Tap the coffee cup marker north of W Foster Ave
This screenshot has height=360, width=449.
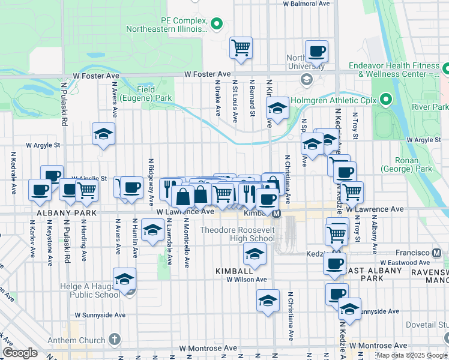tap(316, 51)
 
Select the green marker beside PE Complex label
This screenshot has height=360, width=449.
tap(217, 24)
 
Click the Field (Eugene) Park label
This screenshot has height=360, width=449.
tap(146, 93)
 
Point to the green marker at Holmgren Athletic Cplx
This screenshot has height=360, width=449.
tap(385, 100)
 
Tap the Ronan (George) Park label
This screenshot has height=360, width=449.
tap(414, 165)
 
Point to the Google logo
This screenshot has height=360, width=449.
tap(20, 353)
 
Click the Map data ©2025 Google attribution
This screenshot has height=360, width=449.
tap(411, 355)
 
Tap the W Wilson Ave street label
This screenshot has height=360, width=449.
tap(246, 280)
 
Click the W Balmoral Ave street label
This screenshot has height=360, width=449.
tap(306, 4)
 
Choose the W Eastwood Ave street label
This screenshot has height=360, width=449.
tap(403, 263)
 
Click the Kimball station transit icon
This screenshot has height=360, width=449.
tap(276, 214)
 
